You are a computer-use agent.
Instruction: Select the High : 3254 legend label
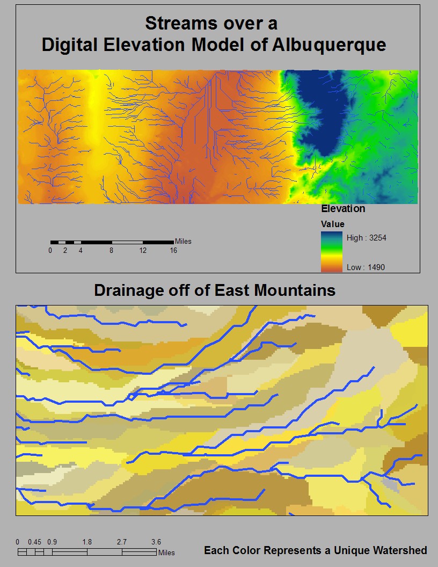pyautogui.click(x=366, y=238)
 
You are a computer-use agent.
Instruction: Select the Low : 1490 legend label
pyautogui.click(x=366, y=267)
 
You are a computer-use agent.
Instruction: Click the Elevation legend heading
pyautogui.click(x=343, y=209)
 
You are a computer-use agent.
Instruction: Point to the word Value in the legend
pyautogui.click(x=332, y=224)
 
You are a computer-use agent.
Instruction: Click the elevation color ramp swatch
pyautogui.click(x=331, y=252)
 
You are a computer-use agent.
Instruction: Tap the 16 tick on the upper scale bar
pyautogui.click(x=173, y=251)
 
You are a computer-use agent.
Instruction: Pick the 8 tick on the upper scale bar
pyautogui.click(x=111, y=251)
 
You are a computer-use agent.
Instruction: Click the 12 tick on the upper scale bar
pyautogui.click(x=143, y=251)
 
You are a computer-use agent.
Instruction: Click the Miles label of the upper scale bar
pyautogui.click(x=183, y=242)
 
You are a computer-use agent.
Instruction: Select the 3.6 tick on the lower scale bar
pyautogui.click(x=156, y=542)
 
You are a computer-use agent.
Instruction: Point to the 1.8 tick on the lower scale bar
pyautogui.click(x=87, y=542)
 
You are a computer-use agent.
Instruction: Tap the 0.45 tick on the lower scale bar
pyautogui.click(x=35, y=542)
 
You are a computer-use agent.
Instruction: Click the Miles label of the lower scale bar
pyautogui.click(x=166, y=553)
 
